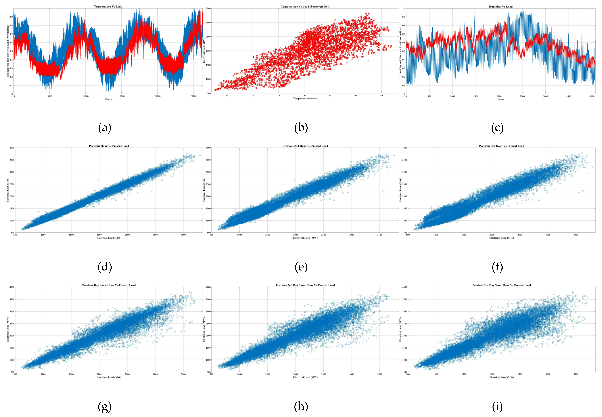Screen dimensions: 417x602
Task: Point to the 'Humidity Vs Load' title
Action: click(500, 7)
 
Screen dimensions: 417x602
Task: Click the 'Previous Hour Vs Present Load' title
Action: click(109, 146)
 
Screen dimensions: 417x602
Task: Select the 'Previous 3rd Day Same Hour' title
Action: click(501, 285)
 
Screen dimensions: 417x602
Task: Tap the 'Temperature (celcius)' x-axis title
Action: click(305, 98)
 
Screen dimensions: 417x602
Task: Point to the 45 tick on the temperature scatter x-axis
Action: click(381, 96)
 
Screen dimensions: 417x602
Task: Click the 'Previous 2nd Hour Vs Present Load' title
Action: click(305, 146)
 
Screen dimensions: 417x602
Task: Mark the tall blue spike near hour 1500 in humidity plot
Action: click(475, 13)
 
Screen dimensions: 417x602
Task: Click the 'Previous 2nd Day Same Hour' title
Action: click(305, 285)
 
